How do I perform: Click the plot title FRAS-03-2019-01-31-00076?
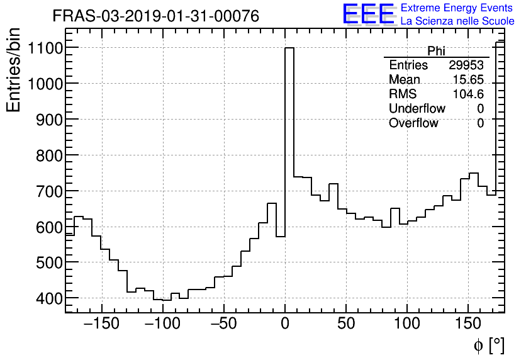pos(155,16)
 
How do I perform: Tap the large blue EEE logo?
pos(368,14)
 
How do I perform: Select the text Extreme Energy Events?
pos(457,8)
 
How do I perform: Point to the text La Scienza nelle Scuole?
pos(457,21)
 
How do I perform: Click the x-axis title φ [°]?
pos(488,345)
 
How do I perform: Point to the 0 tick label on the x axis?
pos(285,325)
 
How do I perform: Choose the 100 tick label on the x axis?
pos(407,325)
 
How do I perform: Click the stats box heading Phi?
pos(436,51)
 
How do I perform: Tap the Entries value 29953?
pos(466,65)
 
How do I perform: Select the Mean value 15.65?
pos(469,80)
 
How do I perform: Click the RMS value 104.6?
pos(469,94)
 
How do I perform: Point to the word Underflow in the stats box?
pos(417,109)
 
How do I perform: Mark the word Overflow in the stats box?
pos(413,123)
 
